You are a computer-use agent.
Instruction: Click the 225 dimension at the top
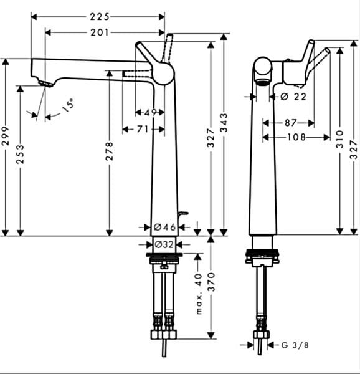(100, 17)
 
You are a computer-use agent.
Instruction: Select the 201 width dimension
(100, 32)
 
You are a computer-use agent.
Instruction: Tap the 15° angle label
(68, 105)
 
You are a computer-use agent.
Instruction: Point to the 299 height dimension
(5, 136)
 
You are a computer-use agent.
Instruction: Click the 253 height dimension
(20, 155)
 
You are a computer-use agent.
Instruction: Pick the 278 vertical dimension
(110, 151)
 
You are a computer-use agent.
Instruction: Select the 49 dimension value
(150, 112)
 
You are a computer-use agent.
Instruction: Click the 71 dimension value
(142, 129)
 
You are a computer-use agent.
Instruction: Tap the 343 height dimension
(224, 123)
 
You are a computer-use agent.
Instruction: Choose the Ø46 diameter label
(165, 227)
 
